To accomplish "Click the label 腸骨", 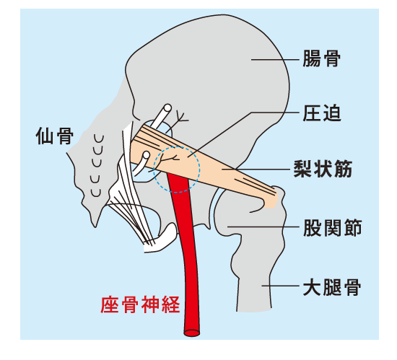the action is (x=321, y=58).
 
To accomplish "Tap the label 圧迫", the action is (x=322, y=113).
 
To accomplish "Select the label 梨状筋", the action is (x=323, y=169).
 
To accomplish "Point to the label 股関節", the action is (x=333, y=227).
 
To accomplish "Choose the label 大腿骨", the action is (x=332, y=287).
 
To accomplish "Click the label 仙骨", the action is (x=55, y=136).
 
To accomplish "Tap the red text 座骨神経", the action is (x=140, y=304).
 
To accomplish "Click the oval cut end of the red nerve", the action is (x=192, y=333).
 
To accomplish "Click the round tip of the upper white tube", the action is (x=167, y=108).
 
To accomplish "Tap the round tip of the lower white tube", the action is (x=147, y=155).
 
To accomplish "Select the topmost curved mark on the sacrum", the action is (x=99, y=139).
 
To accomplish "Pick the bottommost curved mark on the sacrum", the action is (x=96, y=193).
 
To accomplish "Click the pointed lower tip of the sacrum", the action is (x=95, y=227).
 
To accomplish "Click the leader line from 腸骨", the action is (x=275, y=60).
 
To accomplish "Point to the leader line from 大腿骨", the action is (x=281, y=286).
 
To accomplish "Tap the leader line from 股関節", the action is (x=263, y=227).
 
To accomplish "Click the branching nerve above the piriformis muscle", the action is (x=179, y=120).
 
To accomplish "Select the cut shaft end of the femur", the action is (x=254, y=309).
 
